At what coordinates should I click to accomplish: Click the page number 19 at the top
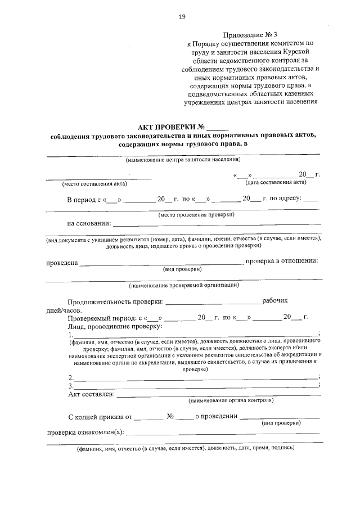(182, 17)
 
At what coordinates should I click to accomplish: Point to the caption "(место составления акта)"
(94, 183)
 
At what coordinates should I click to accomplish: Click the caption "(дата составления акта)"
(276, 183)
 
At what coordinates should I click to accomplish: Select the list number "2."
(70, 377)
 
